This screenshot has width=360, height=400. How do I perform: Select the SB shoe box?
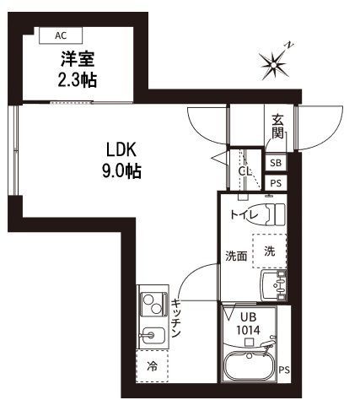pyautogui.click(x=276, y=163)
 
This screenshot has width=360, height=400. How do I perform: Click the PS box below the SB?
pyautogui.click(x=276, y=183)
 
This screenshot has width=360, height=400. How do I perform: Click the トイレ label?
pyautogui.click(x=247, y=214)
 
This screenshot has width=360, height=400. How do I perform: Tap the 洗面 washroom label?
pyautogui.click(x=235, y=256)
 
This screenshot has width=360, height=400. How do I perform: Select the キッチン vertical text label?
pyautogui.click(x=175, y=319)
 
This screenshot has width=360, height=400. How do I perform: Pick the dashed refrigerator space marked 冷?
pyautogui.click(x=153, y=366)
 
